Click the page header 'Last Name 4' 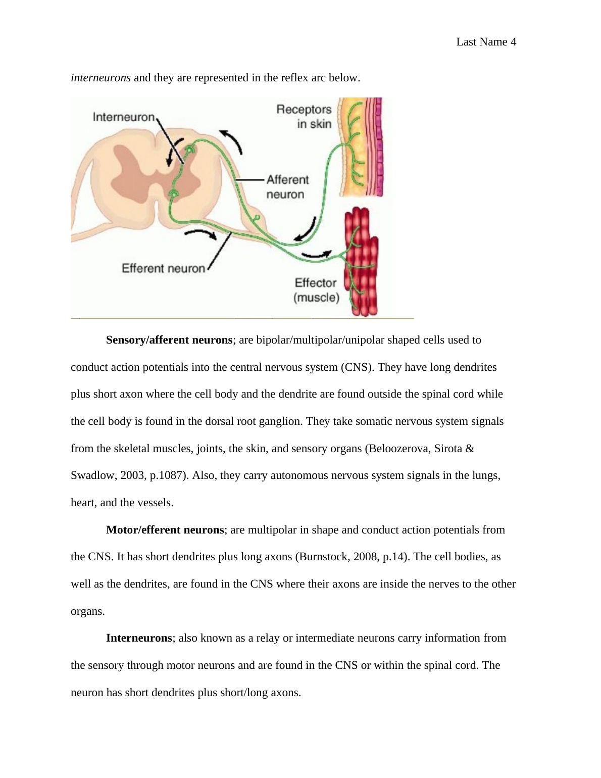click(486, 42)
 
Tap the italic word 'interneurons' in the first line click(101, 78)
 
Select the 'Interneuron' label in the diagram click(124, 117)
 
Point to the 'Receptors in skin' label click(305, 117)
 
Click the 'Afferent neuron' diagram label click(287, 187)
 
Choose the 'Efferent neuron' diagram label click(163, 268)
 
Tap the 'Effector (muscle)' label click(316, 290)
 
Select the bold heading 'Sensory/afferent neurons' click(169, 340)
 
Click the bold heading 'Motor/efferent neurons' click(165, 530)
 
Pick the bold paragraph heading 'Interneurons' click(139, 638)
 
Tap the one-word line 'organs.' click(88, 611)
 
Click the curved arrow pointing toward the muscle click(316, 255)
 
